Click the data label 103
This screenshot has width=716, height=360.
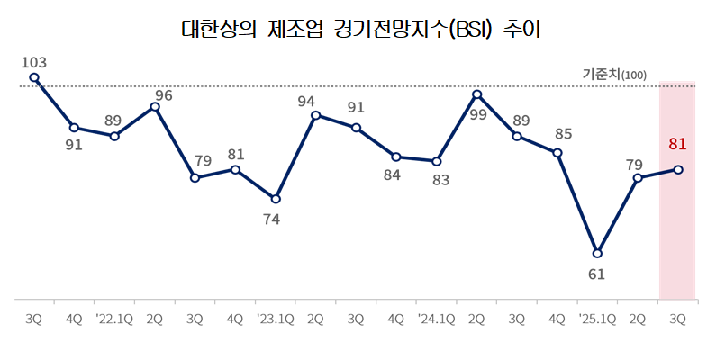33,62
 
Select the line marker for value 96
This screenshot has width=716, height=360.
155,107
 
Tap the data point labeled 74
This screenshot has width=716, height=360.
276,199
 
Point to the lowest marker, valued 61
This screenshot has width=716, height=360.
597,253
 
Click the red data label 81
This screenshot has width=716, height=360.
678,143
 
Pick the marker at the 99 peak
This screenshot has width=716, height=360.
476,94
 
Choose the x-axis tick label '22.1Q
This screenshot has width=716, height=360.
114,319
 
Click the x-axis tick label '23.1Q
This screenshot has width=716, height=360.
275,319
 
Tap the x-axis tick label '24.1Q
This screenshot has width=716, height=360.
436,319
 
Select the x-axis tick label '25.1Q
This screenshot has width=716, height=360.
596,319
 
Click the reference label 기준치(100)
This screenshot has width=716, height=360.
614,74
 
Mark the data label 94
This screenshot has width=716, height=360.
306,102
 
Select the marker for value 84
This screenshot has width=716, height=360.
396,157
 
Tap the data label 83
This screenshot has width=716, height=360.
441,179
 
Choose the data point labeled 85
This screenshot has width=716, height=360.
557,153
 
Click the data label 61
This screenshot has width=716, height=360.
596,274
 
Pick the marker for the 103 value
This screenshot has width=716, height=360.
34,77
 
